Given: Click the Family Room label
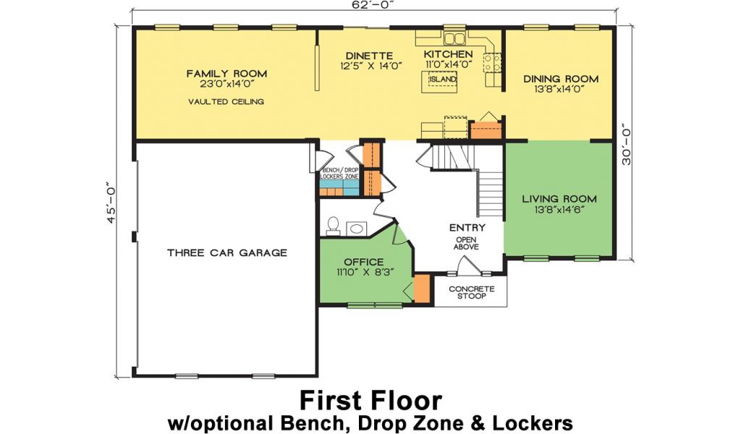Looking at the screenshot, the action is coord(226,74).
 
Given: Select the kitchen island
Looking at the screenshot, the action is coord(439,81).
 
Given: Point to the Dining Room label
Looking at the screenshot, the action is coord(561,79).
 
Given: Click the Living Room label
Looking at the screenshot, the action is coord(559,199).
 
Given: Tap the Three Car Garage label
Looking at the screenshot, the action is coord(226,252).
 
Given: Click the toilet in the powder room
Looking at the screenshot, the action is coord(333,226).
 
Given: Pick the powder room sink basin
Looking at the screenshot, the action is coord(356,229).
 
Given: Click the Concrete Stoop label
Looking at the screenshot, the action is coord(471,292).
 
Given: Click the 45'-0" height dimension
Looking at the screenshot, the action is coord(111,203).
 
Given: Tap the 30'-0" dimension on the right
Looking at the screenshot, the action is coord(626,146).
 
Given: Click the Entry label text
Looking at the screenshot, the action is coord(467,228).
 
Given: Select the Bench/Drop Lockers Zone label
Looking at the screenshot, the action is coord(339,174).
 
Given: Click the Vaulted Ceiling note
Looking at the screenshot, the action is coord(226,101).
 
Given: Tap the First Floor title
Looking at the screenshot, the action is coord(370,401).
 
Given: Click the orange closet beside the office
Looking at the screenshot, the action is coord(422,288).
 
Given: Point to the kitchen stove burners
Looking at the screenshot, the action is coord(492,63).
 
